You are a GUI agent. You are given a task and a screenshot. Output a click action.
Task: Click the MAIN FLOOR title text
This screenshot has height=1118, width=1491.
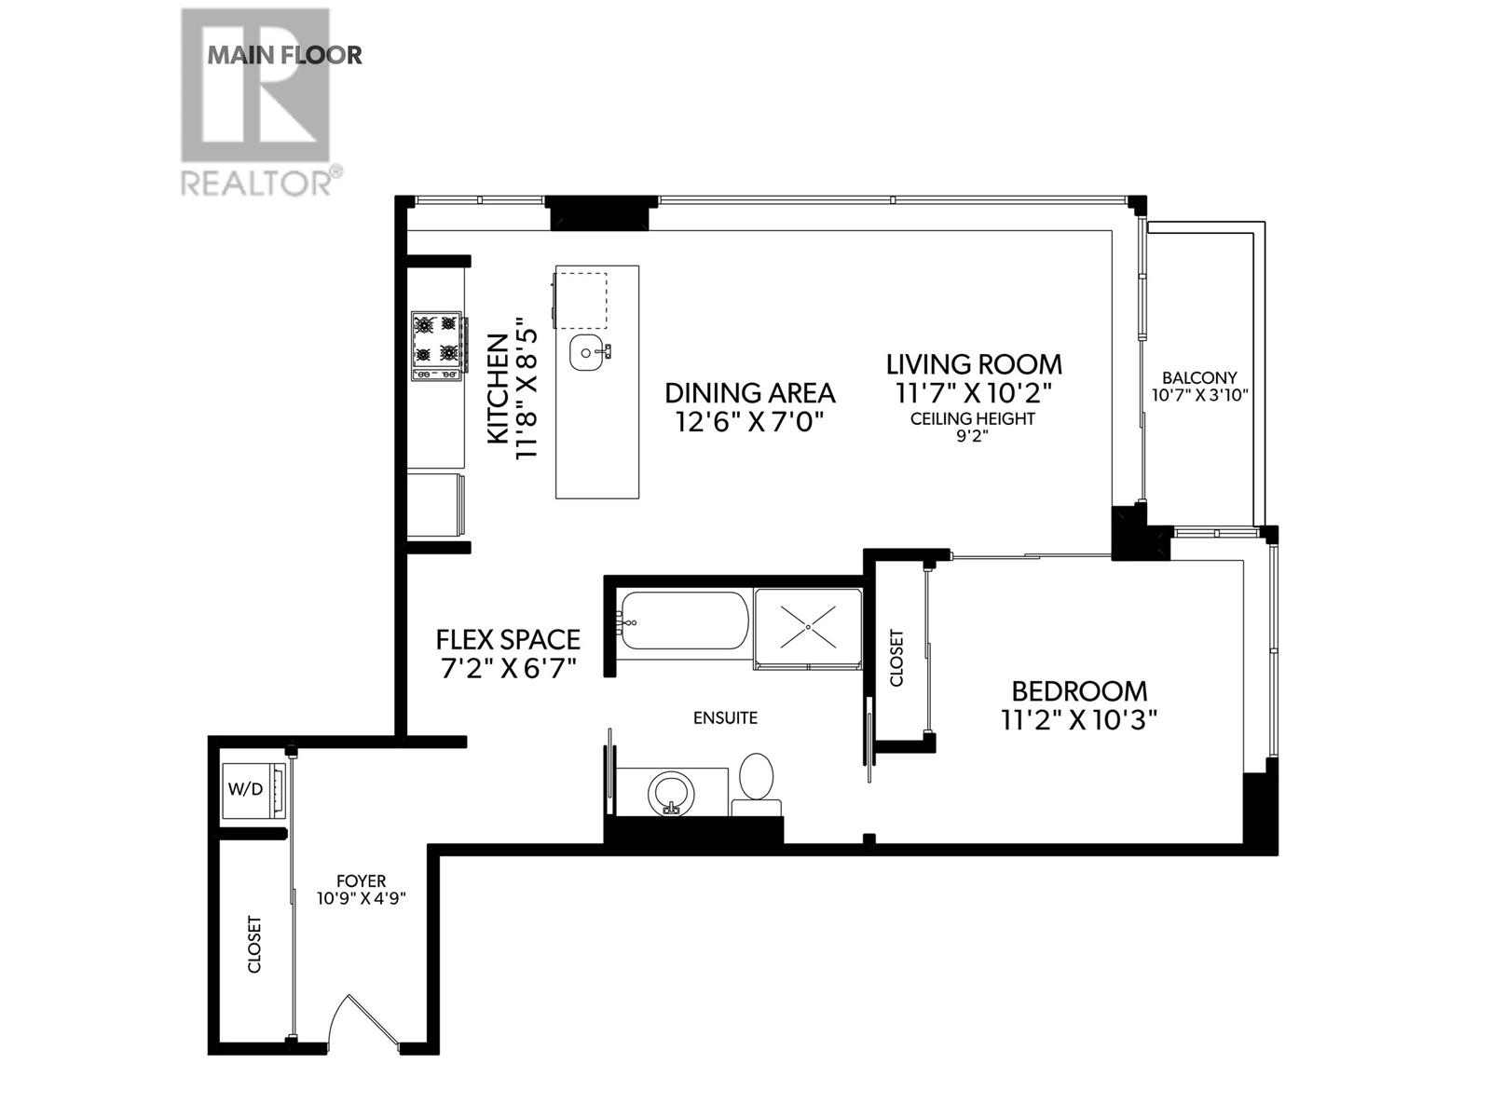click(284, 55)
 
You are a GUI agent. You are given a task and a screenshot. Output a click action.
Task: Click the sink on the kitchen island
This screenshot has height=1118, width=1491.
click(587, 352)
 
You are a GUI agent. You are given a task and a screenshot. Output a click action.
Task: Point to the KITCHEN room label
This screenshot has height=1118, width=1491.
click(499, 391)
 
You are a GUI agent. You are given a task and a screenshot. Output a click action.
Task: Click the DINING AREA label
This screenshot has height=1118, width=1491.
click(749, 392)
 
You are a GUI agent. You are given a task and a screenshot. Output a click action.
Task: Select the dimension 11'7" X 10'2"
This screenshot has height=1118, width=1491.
click(974, 392)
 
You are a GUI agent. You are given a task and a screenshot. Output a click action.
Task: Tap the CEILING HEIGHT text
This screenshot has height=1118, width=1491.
click(973, 419)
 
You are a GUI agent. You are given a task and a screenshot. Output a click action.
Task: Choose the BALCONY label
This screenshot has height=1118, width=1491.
click(1199, 377)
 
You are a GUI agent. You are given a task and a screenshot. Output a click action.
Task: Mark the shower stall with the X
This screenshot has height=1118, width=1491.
click(807, 627)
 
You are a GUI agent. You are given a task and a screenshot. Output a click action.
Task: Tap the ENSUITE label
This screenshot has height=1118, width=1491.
click(725, 717)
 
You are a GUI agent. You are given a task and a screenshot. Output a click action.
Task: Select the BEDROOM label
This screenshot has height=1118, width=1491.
click(1079, 691)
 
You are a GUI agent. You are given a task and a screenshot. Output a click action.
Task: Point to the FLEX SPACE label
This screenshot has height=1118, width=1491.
click(508, 639)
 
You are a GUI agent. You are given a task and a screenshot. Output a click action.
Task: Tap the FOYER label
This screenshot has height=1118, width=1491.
click(362, 880)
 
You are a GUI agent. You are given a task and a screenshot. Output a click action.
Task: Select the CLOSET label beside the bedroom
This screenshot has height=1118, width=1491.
click(896, 658)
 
